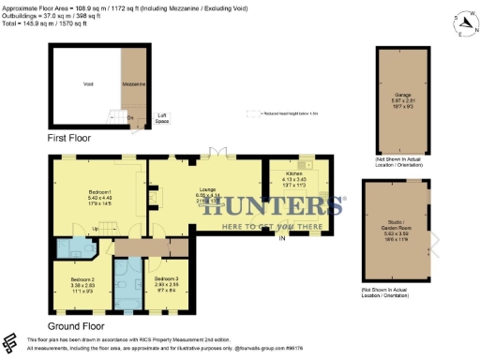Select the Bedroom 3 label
[166, 279]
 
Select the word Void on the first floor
[88, 84]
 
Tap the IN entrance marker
[280, 239]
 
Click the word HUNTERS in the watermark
[272, 207]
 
